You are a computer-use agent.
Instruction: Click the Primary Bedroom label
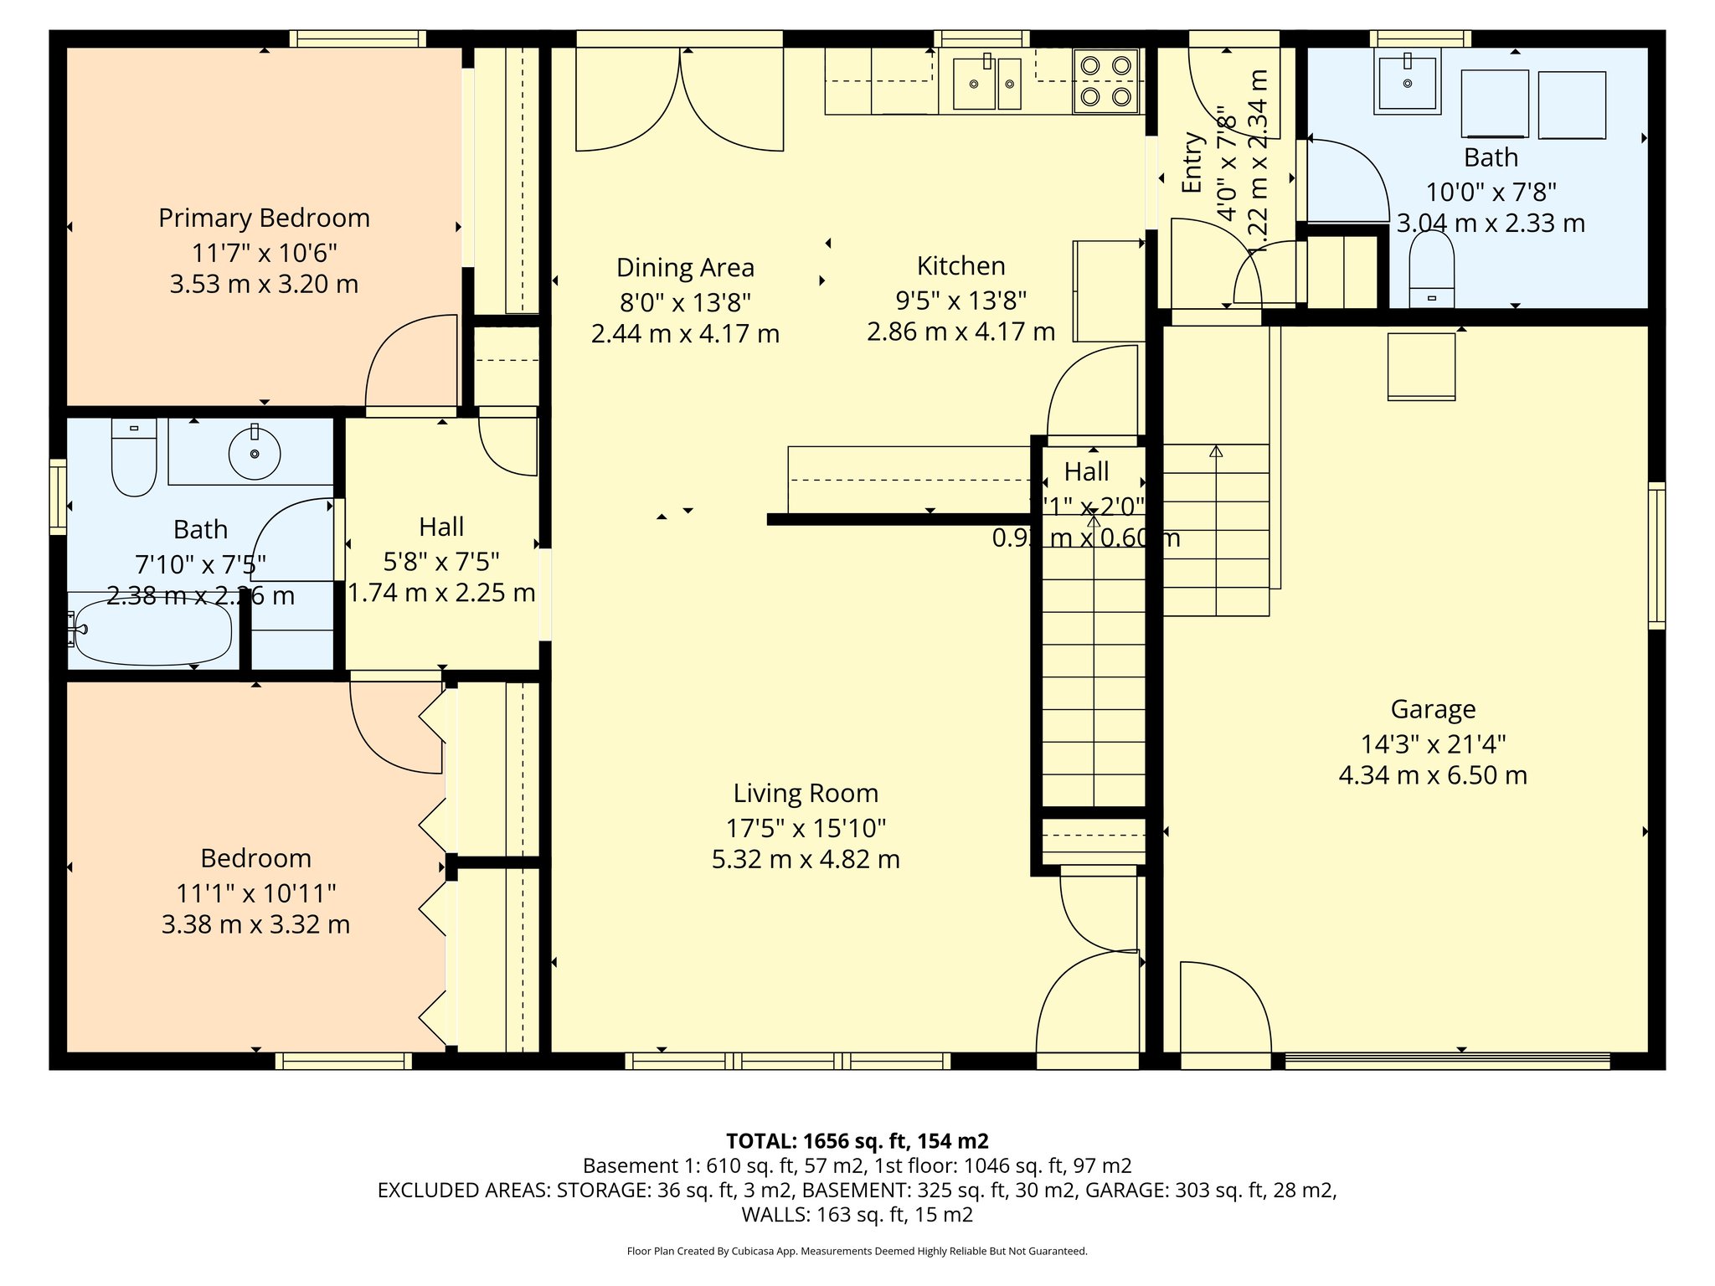[x=264, y=218]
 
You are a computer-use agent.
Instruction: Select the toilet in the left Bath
[x=134, y=458]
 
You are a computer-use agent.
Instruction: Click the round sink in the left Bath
[x=255, y=453]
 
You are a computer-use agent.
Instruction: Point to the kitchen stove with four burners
[x=1105, y=81]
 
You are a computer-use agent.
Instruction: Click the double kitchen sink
[x=988, y=83]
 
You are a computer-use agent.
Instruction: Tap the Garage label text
[x=1433, y=709]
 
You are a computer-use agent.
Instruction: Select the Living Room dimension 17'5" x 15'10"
[x=806, y=828]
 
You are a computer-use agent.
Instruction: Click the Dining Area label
[x=685, y=268]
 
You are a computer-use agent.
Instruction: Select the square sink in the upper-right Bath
[x=1408, y=82]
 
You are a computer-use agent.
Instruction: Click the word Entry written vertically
[x=1192, y=163]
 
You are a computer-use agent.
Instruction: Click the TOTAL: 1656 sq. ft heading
[x=857, y=1140]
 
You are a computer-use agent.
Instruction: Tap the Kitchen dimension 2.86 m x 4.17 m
[x=961, y=332]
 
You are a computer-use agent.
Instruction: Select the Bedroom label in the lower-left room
[x=255, y=858]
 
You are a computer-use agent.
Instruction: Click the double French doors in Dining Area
[x=679, y=99]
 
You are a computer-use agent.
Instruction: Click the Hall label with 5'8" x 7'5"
[x=441, y=527]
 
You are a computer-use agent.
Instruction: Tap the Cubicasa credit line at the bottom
[x=857, y=1251]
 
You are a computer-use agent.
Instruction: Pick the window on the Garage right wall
[x=1656, y=555]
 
